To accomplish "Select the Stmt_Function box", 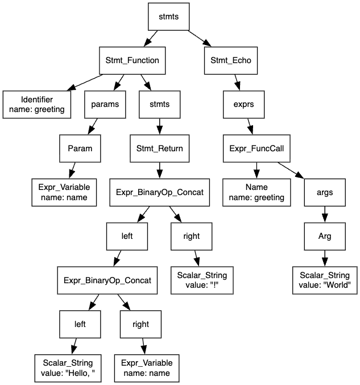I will pyautogui.click(x=133, y=60).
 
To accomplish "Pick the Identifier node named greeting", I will pyautogui.click(x=37, y=104).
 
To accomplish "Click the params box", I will pyautogui.click(x=105, y=104).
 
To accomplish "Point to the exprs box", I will pyautogui.click(x=243, y=104).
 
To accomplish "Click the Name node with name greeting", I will pyautogui.click(x=256, y=192).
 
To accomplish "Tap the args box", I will pyautogui.click(x=325, y=192).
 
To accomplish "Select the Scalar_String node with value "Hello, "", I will pyautogui.click(x=72, y=368).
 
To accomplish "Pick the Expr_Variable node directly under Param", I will pyautogui.click(x=64, y=192).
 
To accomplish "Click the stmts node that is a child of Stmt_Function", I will pyautogui.click(x=160, y=104).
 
